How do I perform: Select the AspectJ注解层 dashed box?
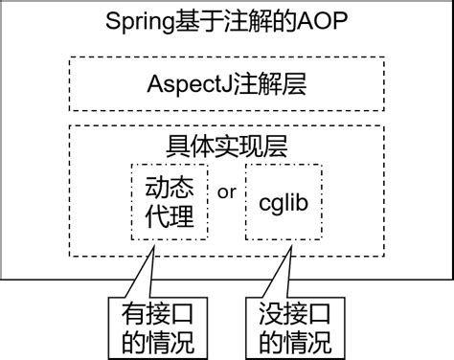point(226,83)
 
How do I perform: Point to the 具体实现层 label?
point(227,146)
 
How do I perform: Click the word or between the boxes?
point(227,191)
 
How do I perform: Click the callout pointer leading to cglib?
point(284,273)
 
